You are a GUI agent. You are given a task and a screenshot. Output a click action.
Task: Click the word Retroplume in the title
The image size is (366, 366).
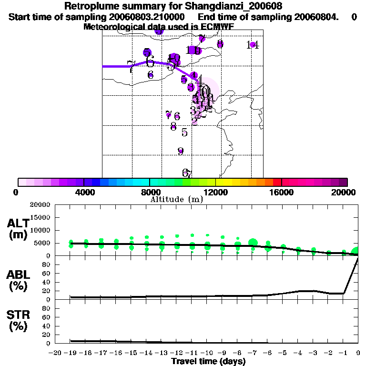point(89,7)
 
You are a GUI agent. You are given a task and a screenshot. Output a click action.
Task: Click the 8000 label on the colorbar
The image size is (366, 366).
point(149,192)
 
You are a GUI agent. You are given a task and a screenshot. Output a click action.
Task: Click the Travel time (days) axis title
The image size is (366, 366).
point(208,362)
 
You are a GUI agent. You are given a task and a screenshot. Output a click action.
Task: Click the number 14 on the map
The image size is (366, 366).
point(253,45)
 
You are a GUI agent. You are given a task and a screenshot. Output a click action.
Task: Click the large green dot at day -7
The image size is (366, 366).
point(253,243)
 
